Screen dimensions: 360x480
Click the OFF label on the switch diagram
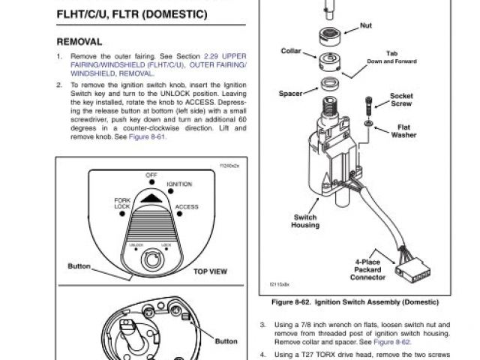[151, 175]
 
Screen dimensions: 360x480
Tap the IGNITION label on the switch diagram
[179, 184]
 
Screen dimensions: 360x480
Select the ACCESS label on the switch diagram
[186, 207]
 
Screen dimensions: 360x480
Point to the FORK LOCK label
[122, 202]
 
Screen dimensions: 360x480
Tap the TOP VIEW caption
[210, 271]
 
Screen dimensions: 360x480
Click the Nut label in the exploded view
[365, 25]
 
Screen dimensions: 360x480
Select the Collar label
[290, 51]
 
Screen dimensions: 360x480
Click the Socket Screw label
[401, 100]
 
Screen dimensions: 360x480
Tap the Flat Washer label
[403, 131]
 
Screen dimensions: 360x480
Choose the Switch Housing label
[304, 221]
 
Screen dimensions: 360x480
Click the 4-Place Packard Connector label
[368, 270]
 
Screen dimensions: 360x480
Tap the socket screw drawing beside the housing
[368, 106]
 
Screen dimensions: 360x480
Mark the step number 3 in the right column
[262, 325]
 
